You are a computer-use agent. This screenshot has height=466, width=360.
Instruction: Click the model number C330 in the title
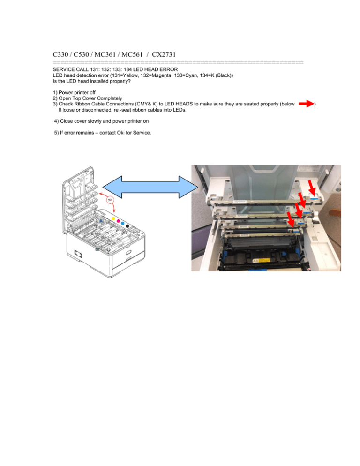click(x=60, y=54)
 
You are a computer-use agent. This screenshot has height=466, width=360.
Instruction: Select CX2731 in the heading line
click(x=164, y=54)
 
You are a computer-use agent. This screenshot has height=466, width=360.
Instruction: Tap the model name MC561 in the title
click(x=132, y=54)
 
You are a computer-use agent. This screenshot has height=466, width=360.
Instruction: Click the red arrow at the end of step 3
click(x=306, y=104)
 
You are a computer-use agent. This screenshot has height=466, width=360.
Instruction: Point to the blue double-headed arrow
click(x=150, y=187)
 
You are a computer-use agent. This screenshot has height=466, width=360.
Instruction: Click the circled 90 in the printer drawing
click(x=110, y=200)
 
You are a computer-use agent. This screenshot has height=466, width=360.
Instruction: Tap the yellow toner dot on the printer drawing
click(x=113, y=219)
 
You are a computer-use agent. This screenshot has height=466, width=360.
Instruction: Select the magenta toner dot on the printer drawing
click(x=118, y=221)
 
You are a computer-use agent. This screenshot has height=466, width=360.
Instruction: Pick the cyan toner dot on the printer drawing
click(x=122, y=223)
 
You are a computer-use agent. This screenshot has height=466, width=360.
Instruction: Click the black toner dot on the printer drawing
click(x=127, y=226)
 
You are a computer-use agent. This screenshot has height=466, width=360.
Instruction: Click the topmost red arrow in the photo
click(x=312, y=188)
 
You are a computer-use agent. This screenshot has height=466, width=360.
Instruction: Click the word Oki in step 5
click(x=120, y=133)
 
